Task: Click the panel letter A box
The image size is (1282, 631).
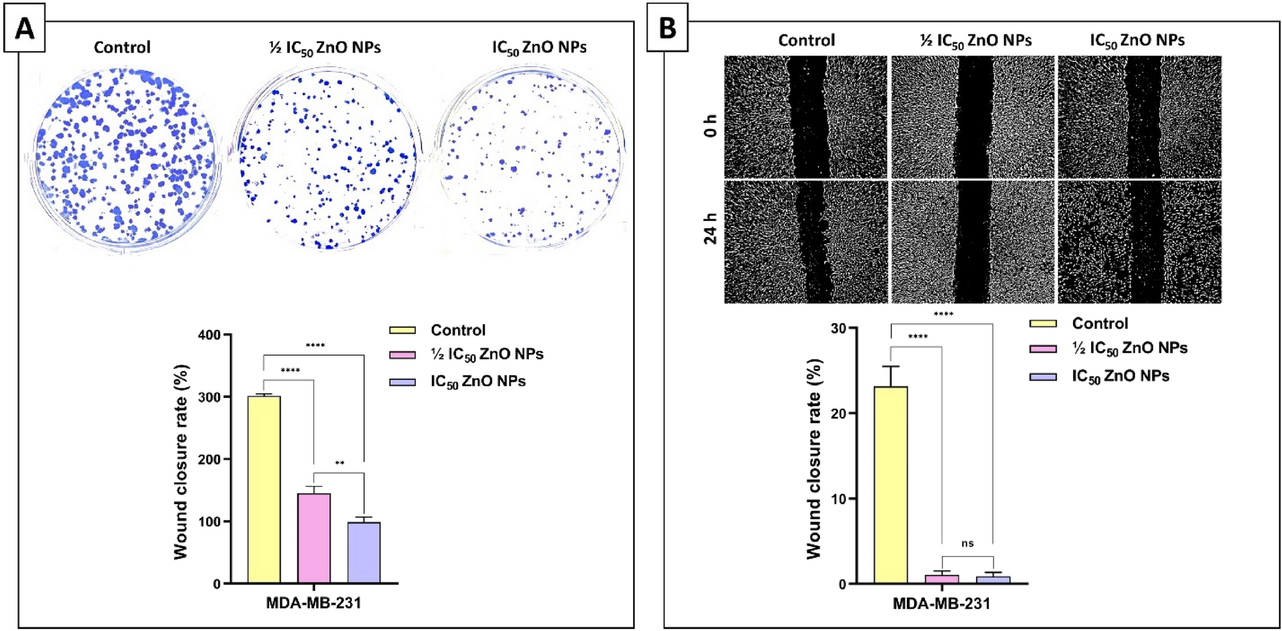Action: pyautogui.click(x=24, y=28)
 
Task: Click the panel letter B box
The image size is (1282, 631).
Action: pyautogui.click(x=667, y=28)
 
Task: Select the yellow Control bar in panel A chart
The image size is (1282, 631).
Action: pyautogui.click(x=264, y=489)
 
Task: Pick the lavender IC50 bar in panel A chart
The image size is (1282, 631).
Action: pyautogui.click(x=363, y=552)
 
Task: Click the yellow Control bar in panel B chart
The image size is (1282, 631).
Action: pyautogui.click(x=890, y=485)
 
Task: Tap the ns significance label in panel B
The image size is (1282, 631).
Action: pyautogui.click(x=967, y=544)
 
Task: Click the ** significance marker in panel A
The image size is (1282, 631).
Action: pyautogui.click(x=339, y=463)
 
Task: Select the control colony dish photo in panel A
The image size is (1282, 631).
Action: pyautogui.click(x=123, y=156)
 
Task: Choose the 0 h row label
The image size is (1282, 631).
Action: pyautogui.click(x=710, y=126)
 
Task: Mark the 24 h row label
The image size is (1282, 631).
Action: pyautogui.click(x=710, y=228)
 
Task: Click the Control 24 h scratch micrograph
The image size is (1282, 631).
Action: pyautogui.click(x=805, y=241)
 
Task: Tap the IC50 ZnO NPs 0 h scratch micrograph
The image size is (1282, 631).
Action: pyautogui.click(x=1139, y=116)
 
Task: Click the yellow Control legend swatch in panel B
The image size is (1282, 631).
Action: pyautogui.click(x=1042, y=323)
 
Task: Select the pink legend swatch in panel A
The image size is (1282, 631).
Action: pyautogui.click(x=402, y=354)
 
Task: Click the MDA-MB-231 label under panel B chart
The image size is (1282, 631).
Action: pyautogui.click(x=941, y=604)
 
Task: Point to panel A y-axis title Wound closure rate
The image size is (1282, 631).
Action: pyautogui.click(x=181, y=462)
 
